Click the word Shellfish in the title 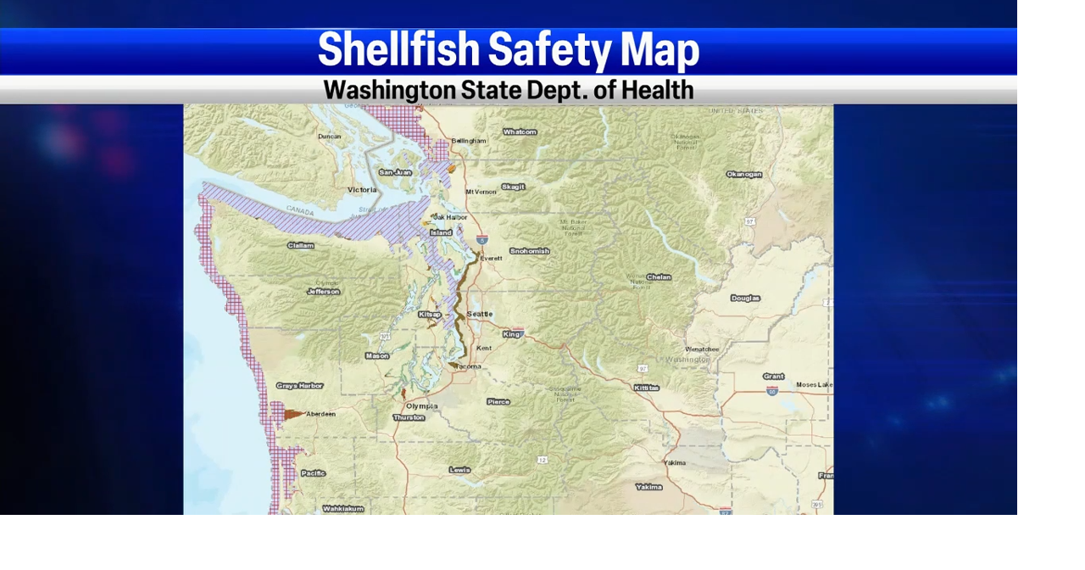tap(398, 49)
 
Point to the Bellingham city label tap(469, 141)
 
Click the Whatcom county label tap(520, 132)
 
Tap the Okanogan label tap(743, 175)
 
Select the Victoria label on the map tap(362, 190)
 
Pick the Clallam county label tap(301, 246)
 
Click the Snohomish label tap(530, 251)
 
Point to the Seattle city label tap(479, 314)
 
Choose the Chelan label tap(659, 277)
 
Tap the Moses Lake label tap(814, 385)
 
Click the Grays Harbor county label tap(299, 386)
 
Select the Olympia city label tap(422, 406)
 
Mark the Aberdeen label tap(320, 414)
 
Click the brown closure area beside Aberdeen tap(292, 415)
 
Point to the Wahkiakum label tap(343, 509)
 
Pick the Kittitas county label tap(646, 388)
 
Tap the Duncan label tap(330, 137)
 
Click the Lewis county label tap(459, 470)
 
